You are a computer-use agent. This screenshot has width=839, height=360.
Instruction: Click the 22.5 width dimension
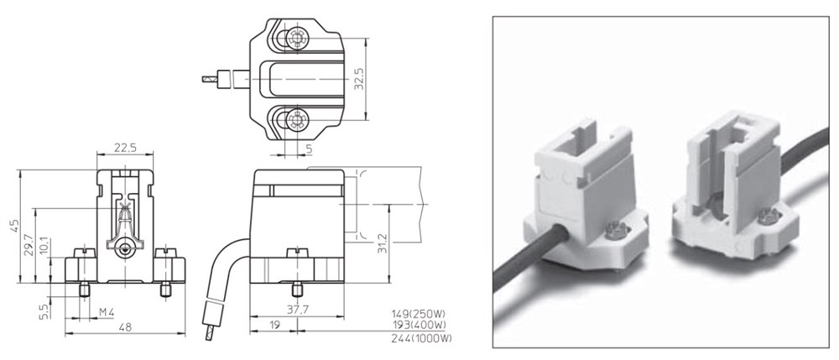click(124, 147)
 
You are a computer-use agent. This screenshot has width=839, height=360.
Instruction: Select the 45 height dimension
click(14, 226)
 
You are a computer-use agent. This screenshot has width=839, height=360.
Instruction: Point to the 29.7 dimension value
click(29, 244)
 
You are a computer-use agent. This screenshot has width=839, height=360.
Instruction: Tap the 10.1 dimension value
click(44, 247)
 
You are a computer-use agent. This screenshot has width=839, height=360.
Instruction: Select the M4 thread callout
click(107, 312)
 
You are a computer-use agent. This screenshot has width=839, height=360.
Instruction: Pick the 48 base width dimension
click(125, 326)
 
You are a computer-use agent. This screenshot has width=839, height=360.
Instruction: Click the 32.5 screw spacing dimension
click(360, 78)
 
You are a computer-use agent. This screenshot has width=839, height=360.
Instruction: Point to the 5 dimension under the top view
click(309, 149)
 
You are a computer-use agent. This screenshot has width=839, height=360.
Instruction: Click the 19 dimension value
click(274, 324)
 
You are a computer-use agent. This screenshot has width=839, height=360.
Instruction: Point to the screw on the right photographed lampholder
click(768, 217)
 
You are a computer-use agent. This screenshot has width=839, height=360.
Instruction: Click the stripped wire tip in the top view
click(208, 79)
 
